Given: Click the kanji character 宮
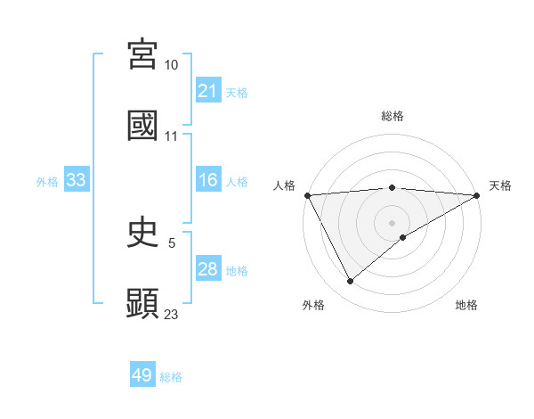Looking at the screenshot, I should pos(142,55).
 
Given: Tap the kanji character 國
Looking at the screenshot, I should pos(142,125).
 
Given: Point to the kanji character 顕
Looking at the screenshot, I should pos(142,303).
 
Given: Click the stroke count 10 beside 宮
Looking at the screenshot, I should pos(171,65).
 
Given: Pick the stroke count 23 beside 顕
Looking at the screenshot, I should pos(171,314).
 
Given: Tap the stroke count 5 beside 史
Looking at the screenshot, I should pos(171,243).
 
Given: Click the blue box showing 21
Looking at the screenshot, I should pos(207,91).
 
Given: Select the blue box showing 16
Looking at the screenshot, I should pos(207,180).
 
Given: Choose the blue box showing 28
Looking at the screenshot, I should pos(207,269).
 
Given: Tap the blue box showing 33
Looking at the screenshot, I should pos(76,180).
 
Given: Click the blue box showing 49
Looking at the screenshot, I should pos(142,375).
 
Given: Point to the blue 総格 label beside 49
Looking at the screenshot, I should pos(171,377).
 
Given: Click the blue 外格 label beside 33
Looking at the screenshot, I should pos(47,181).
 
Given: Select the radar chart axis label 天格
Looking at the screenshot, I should pos(500,185).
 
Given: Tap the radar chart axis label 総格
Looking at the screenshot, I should pos(392,116).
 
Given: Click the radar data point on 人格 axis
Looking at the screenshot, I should pos(307,194).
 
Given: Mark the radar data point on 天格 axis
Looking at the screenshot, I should pos(477,195).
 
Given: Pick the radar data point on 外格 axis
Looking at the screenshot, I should pos(350,282).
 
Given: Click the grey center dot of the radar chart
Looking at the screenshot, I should pos(392,222).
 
